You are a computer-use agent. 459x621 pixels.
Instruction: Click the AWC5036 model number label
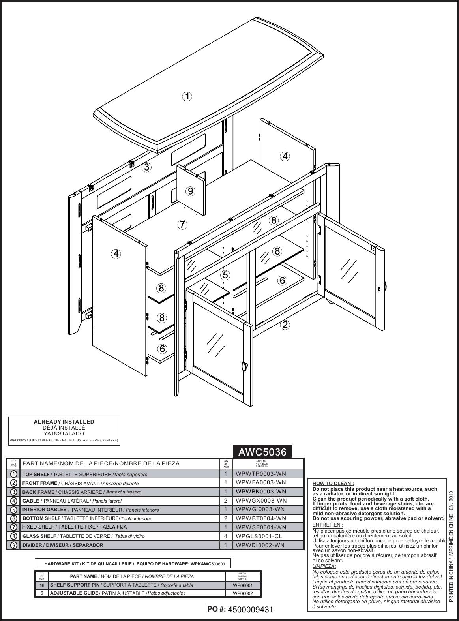[262, 452]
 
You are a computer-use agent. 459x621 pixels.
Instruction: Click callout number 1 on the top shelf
[187, 96]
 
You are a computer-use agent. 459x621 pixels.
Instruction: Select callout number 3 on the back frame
[146, 167]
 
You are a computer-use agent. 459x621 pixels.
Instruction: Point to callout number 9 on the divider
[190, 191]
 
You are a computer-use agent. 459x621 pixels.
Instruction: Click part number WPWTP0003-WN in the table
[260, 473]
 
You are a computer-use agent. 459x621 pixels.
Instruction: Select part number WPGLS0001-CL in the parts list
[259, 536]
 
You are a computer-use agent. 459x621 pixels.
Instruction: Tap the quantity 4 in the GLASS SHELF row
[226, 536]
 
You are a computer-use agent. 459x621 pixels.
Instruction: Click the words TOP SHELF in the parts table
[36, 474]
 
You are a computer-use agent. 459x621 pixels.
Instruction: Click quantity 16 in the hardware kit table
[42, 585]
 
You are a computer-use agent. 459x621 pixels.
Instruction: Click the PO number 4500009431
[251, 610]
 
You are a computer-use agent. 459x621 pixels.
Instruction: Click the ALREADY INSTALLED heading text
[64, 422]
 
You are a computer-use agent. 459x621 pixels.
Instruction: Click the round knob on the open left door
[244, 365]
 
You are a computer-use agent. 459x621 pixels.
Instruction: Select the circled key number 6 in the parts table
[13, 518]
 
